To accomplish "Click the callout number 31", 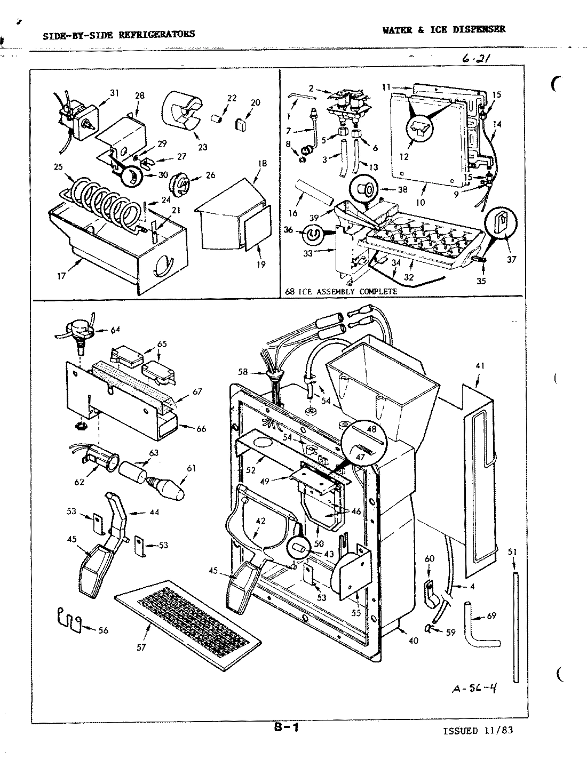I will click(x=114, y=93).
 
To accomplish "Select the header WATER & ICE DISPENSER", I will click(x=443, y=30).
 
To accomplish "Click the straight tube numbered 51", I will click(x=515, y=627).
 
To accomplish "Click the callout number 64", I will click(x=115, y=330).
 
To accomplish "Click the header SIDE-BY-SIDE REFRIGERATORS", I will click(x=118, y=34).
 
